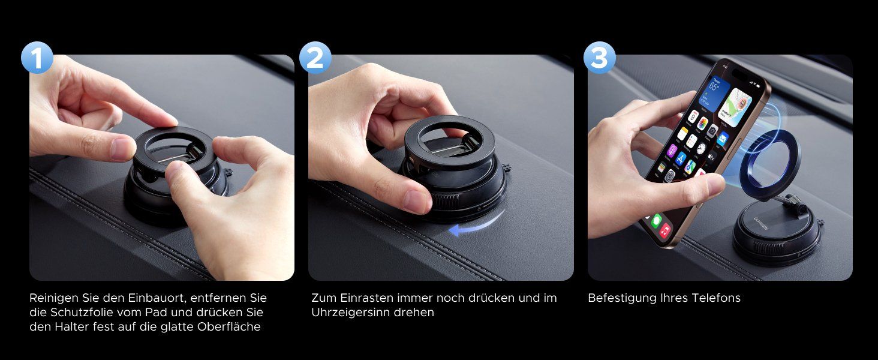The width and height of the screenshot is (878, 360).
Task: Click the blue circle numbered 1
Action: pyautogui.click(x=37, y=58)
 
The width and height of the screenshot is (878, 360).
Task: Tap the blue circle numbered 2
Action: pyautogui.click(x=315, y=58)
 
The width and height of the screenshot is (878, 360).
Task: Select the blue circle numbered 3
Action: pyautogui.click(x=599, y=58)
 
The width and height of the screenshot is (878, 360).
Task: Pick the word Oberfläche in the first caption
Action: pyautogui.click(x=229, y=326)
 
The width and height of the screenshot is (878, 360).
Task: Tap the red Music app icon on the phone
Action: pyautogui.click(x=664, y=230)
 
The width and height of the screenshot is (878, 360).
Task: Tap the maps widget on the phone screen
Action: pyautogui.click(x=737, y=107)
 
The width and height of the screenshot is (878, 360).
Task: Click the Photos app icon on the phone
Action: pyautogui.click(x=702, y=124)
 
